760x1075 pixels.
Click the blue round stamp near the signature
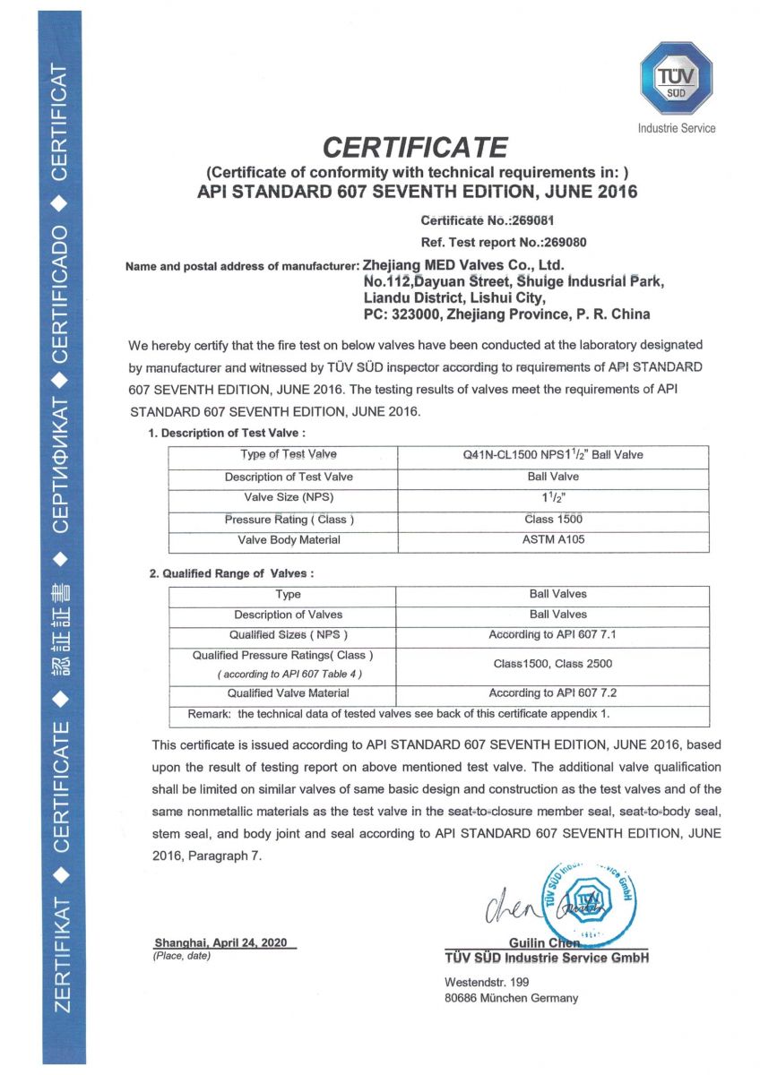point(587,899)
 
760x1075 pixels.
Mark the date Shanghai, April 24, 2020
point(220,943)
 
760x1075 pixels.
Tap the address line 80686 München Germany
point(511,998)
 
